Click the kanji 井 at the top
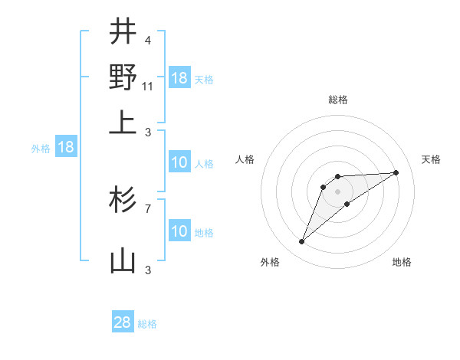pyautogui.click(x=123, y=32)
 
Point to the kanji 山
pyautogui.click(x=123, y=261)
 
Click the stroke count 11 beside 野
pyautogui.click(x=147, y=87)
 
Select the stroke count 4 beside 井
pyautogui.click(x=147, y=41)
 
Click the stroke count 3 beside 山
pyautogui.click(x=147, y=270)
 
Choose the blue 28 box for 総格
pyautogui.click(x=123, y=322)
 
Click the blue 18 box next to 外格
pyautogui.click(x=66, y=148)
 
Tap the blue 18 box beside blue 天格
pyautogui.click(x=179, y=78)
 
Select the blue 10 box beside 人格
pyautogui.click(x=179, y=162)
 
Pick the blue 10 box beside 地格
pyautogui.click(x=179, y=231)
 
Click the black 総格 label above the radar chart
pyautogui.click(x=338, y=100)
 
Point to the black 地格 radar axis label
pyautogui.click(x=402, y=263)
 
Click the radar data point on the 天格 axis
pyautogui.click(x=396, y=172)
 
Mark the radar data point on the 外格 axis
pyautogui.click(x=302, y=242)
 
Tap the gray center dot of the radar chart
pyautogui.click(x=338, y=191)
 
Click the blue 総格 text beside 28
pyautogui.click(x=147, y=324)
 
